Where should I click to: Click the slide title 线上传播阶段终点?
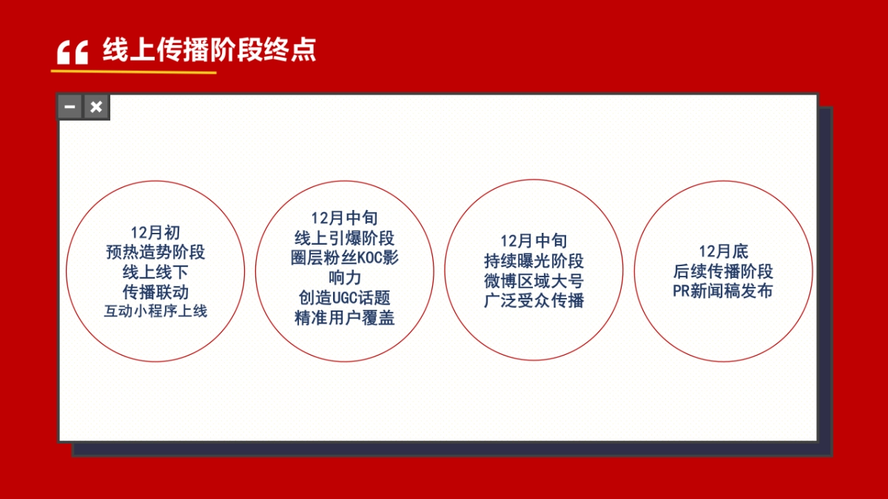click(x=209, y=50)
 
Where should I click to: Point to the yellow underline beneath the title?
click(x=133, y=72)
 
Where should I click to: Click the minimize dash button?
click(x=70, y=107)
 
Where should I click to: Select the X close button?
click(x=96, y=107)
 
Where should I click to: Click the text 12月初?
click(x=155, y=233)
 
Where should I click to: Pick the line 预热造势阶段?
click(x=155, y=252)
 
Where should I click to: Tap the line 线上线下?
click(x=155, y=272)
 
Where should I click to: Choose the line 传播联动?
click(x=155, y=291)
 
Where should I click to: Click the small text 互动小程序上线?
click(x=155, y=311)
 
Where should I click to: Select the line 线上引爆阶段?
click(x=345, y=238)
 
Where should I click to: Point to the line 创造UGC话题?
click(x=345, y=298)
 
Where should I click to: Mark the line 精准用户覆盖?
click(x=345, y=318)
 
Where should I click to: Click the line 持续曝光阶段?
click(x=534, y=261)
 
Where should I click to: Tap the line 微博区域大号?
click(x=534, y=281)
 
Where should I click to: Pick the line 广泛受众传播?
click(x=534, y=301)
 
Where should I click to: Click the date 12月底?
click(x=724, y=252)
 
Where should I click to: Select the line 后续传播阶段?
click(x=724, y=271)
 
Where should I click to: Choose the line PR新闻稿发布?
click(x=724, y=291)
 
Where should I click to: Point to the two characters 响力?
click(x=345, y=278)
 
